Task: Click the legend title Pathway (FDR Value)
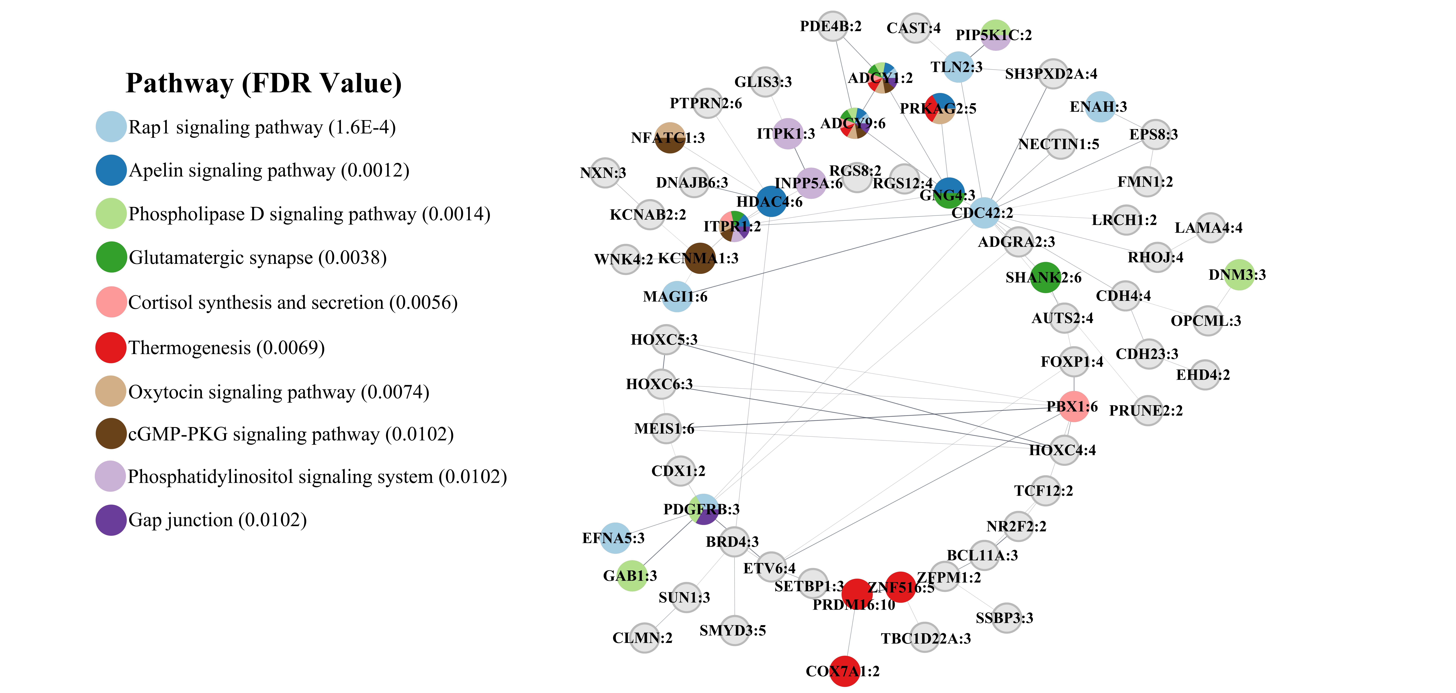[263, 83]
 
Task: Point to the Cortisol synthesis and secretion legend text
[293, 302]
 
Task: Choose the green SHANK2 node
[1045, 278]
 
